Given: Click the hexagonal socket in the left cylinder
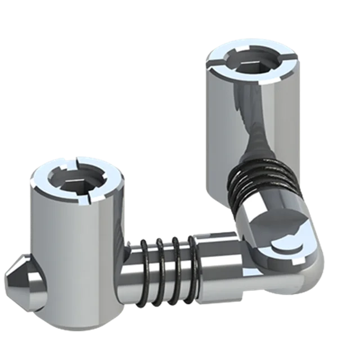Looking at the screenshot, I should pyautogui.click(x=75, y=180).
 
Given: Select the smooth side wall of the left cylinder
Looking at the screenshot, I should pyautogui.click(x=62, y=253).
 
